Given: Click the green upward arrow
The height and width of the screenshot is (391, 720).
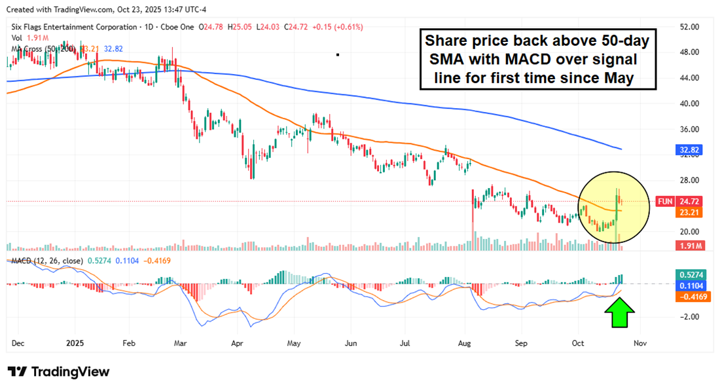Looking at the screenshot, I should tap(618, 313).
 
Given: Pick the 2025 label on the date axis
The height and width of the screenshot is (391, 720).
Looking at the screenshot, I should tap(74, 343).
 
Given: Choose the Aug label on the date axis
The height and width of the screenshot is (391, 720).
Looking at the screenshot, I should tap(466, 343).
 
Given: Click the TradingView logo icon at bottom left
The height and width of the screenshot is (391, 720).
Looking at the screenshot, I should tap(17, 372).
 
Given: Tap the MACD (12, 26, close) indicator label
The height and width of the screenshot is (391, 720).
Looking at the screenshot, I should tap(45, 261).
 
